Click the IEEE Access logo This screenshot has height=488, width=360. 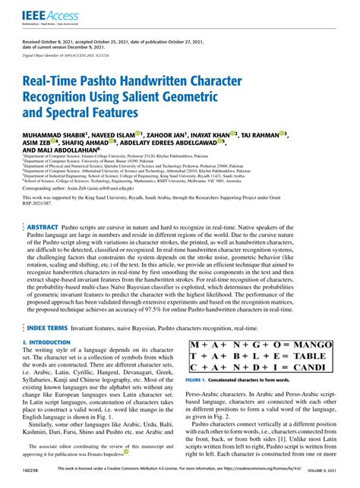point(39,14)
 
